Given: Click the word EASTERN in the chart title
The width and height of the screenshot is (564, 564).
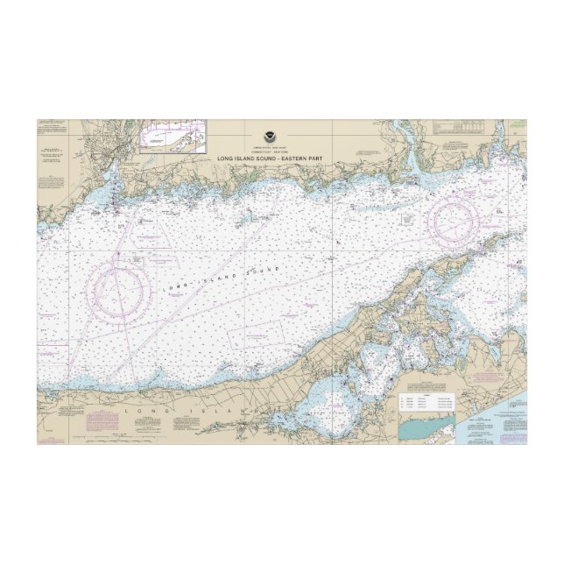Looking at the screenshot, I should (285, 157).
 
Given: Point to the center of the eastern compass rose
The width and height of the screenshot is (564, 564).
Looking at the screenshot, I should (461, 218).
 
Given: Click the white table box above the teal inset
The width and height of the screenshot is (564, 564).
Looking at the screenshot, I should (428, 404).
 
